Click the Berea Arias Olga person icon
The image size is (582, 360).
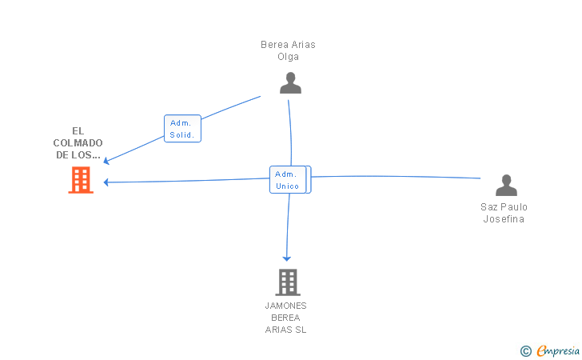coord(290,82)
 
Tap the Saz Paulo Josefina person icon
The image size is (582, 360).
coord(506,186)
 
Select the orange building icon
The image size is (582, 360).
coord(80,181)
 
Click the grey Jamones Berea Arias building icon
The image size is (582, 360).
coord(287,282)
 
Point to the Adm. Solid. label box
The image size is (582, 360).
coord(182,129)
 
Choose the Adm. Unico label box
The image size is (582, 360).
coord(289,180)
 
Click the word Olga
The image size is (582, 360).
coord(288,57)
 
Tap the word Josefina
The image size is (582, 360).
coord(504,219)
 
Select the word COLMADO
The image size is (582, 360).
coord(79,143)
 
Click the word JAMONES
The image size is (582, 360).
coord(285,306)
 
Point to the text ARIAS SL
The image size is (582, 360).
coord(285,330)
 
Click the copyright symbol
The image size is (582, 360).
coord(525,350)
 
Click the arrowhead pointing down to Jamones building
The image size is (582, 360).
coord(286,258)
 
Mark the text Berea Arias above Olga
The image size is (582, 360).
coord(288,45)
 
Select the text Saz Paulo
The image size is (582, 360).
coord(504,207)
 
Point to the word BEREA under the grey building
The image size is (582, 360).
coord(285,318)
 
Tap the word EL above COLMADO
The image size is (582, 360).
coord(78,131)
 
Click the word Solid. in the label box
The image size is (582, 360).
coord(181,135)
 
